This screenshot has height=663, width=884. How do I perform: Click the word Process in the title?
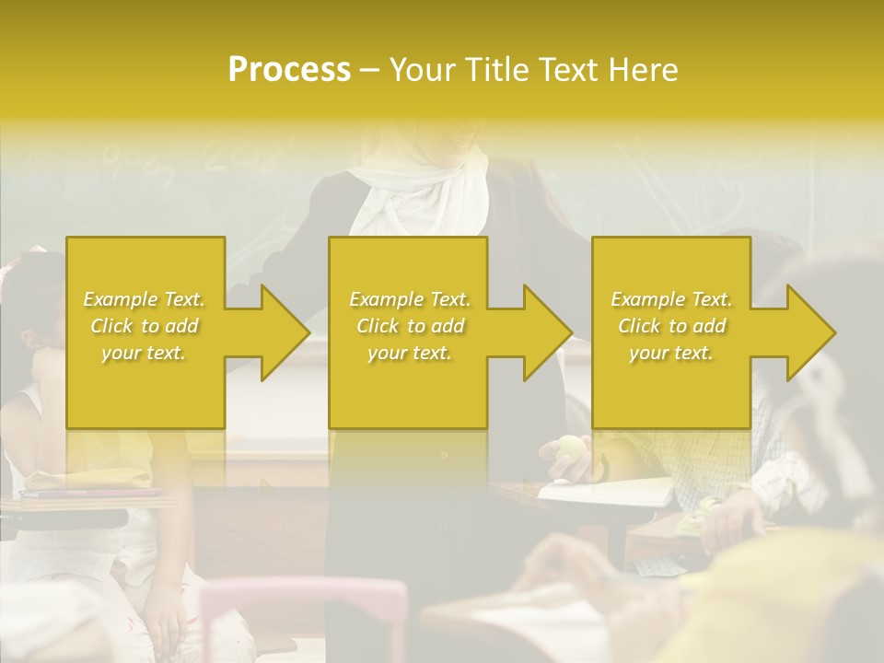pos(289,69)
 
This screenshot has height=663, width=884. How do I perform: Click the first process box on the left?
pos(145,387)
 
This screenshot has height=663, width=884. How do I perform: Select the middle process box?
pos(408,387)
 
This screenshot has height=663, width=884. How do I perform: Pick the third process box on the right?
pos(671,387)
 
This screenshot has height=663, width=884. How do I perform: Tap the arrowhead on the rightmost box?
pos(809,332)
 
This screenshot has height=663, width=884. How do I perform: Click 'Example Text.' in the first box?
pos(144,299)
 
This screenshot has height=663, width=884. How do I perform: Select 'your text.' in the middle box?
pos(409,353)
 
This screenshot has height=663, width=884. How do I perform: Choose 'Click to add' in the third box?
pos(671,326)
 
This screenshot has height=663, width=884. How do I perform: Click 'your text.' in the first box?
pos(144,353)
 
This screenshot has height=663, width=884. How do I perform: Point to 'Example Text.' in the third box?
pos(671,299)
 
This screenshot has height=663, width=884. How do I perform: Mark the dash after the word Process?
pos(370,70)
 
